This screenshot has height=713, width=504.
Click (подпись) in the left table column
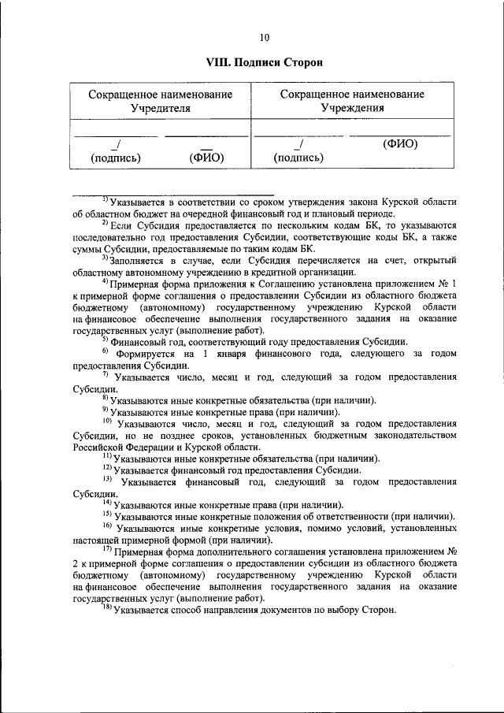pos(116,158)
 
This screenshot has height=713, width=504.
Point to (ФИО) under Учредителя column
pos(207,158)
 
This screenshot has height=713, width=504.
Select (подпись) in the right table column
pos(298,158)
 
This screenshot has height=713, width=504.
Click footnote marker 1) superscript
pos(105,199)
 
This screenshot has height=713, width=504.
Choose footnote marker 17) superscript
pos(106,548)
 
